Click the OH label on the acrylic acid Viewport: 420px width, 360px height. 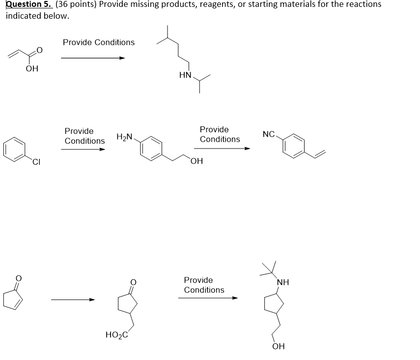[32, 69]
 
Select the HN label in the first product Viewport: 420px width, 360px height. [185, 75]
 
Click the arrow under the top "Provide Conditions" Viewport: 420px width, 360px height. [93, 58]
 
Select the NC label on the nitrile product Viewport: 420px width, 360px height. [269, 134]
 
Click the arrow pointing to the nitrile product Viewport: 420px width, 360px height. [222, 148]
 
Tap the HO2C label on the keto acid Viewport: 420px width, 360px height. [116, 335]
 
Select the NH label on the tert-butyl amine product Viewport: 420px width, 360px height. [283, 283]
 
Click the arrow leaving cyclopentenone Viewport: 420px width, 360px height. [73, 300]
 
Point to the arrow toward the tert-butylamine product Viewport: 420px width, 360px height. [208, 298]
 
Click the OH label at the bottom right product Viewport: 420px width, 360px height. [278, 346]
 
